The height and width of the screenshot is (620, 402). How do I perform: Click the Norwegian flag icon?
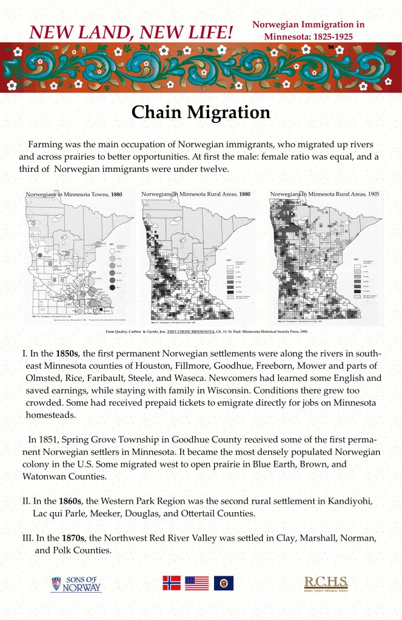[x=172, y=583]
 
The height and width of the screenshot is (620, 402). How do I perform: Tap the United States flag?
[x=196, y=583]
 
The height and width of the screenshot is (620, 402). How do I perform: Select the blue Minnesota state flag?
[x=223, y=583]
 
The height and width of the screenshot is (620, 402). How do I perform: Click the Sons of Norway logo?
[x=76, y=584]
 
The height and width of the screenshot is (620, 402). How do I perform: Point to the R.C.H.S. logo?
[x=326, y=584]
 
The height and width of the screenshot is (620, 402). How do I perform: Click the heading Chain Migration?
[x=201, y=113]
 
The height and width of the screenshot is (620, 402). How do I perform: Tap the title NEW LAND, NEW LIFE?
[x=132, y=31]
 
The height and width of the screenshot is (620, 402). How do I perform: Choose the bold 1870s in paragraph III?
[x=74, y=538]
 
